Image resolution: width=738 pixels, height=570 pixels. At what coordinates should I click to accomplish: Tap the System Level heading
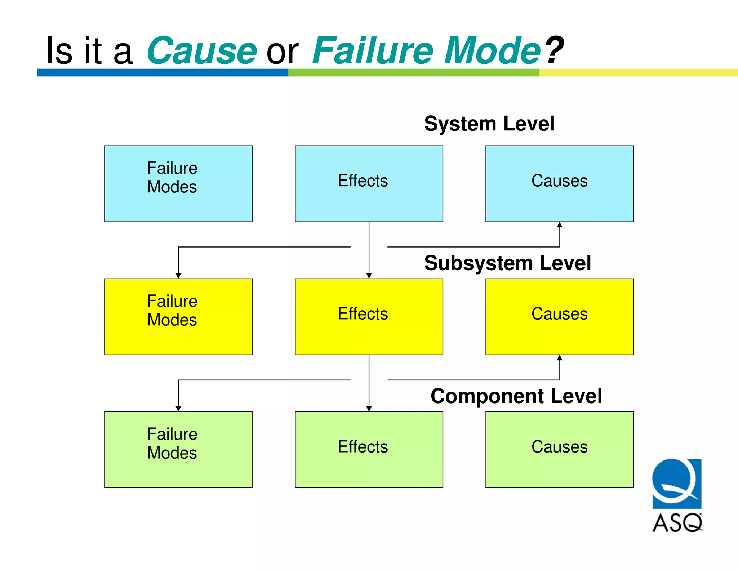pyautogui.click(x=489, y=124)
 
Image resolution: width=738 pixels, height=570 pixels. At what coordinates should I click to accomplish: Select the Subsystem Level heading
pyautogui.click(x=507, y=263)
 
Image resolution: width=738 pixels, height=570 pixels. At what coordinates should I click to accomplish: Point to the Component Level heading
pyautogui.click(x=516, y=396)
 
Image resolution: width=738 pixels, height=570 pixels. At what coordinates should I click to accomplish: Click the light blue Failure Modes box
pyautogui.click(x=178, y=183)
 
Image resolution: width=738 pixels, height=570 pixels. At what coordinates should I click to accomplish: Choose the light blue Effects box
pyautogui.click(x=369, y=183)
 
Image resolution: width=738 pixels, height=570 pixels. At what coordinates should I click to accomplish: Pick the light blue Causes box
pyautogui.click(x=559, y=183)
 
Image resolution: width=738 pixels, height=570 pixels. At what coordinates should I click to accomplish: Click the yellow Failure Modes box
pyautogui.click(x=178, y=316)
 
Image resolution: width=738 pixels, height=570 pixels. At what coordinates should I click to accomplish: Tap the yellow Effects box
pyautogui.click(x=369, y=316)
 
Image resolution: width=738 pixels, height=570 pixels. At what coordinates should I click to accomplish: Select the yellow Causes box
pyautogui.click(x=559, y=316)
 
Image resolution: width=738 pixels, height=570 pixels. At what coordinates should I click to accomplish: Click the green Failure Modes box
pyautogui.click(x=178, y=449)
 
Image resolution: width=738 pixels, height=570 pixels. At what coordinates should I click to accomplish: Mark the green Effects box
pyautogui.click(x=369, y=449)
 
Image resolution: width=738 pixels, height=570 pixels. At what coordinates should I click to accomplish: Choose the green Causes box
pyautogui.click(x=559, y=449)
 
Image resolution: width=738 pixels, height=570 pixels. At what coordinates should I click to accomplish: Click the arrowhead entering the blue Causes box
pyautogui.click(x=559, y=225)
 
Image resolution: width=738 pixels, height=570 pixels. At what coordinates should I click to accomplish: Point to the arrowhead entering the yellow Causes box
pyautogui.click(x=559, y=358)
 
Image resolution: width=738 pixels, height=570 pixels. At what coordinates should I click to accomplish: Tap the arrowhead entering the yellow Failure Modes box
pyautogui.click(x=178, y=276)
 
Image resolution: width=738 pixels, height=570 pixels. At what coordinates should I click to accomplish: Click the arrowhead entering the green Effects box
pyautogui.click(x=369, y=409)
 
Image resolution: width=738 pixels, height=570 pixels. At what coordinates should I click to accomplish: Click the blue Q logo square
pyautogui.click(x=677, y=483)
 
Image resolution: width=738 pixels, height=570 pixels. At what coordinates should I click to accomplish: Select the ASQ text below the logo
pyautogui.click(x=677, y=523)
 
